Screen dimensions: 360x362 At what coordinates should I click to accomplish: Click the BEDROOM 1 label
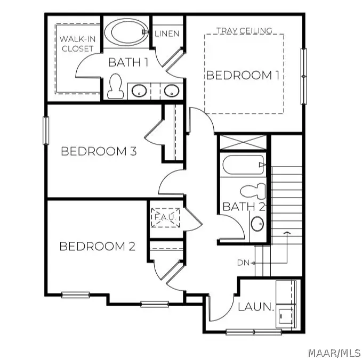coord(243,75)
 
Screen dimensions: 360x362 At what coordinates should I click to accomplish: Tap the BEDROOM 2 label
coord(97,247)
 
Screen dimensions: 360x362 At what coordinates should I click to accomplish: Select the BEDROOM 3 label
coord(99,151)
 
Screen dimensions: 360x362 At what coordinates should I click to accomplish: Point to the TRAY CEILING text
coord(244,31)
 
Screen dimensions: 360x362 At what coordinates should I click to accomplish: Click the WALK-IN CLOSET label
coord(77,44)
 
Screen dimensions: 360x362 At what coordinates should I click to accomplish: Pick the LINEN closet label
coord(167,34)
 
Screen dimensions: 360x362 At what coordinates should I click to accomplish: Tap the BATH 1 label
coord(128,62)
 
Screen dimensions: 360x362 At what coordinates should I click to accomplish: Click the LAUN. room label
coord(256,307)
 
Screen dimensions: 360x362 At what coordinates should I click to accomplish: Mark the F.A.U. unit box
coord(166,217)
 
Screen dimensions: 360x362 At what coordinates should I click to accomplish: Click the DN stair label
coord(244,263)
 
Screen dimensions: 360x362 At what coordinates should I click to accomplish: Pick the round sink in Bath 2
coord(257,224)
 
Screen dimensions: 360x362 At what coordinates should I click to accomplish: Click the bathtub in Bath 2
coord(243,165)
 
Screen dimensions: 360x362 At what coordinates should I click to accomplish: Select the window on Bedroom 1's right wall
coord(304,76)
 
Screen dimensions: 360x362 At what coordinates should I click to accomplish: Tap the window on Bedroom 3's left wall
coord(46,130)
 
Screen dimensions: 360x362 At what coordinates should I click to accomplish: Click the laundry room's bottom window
coord(253,332)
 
